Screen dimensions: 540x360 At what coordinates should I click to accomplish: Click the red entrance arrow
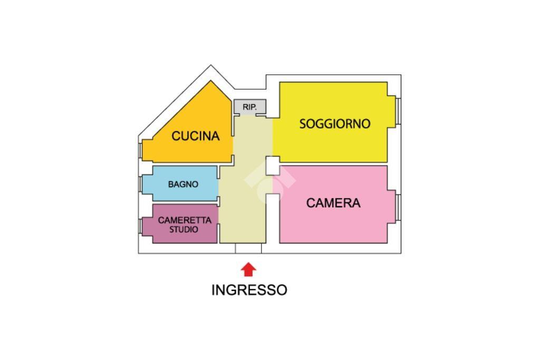[248, 270]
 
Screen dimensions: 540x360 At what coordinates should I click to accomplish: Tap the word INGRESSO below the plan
[249, 290]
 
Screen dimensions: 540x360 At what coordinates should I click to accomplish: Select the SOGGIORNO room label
[335, 124]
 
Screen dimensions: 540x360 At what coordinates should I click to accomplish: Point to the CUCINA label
[196, 136]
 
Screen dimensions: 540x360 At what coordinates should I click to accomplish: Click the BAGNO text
[183, 184]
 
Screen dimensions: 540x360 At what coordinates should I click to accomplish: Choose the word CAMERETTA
[185, 220]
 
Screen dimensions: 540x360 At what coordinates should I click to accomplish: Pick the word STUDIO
[184, 230]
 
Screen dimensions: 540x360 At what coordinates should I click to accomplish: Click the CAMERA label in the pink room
[333, 203]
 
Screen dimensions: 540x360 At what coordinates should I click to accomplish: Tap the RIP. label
[249, 107]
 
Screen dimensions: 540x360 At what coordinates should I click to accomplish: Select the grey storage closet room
[250, 107]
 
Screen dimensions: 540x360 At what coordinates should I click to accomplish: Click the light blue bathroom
[180, 184]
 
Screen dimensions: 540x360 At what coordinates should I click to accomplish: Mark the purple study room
[180, 223]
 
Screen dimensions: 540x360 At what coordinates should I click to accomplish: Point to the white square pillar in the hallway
[273, 166]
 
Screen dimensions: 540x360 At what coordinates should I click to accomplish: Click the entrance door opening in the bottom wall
[248, 248]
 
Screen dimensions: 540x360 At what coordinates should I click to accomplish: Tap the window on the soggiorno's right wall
[398, 111]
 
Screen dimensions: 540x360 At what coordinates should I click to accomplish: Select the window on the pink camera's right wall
[398, 207]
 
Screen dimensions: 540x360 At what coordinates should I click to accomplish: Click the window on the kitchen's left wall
[140, 150]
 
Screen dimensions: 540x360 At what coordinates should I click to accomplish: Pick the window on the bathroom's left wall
[140, 184]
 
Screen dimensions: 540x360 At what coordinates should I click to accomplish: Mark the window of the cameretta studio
[140, 226]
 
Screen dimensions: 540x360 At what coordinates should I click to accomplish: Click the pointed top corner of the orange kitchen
[211, 81]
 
